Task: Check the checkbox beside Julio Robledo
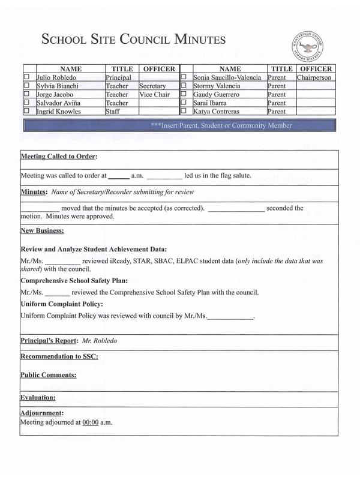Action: click(x=26, y=77)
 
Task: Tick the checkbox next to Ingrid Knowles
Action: click(x=26, y=111)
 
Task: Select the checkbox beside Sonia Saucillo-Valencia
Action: click(x=184, y=77)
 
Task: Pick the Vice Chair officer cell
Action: click(x=154, y=94)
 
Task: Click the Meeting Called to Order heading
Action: click(x=58, y=157)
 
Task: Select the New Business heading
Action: click(x=42, y=230)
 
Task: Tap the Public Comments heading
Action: click(x=48, y=375)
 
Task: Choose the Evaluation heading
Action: click(x=38, y=397)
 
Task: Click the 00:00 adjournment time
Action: click(x=90, y=422)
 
